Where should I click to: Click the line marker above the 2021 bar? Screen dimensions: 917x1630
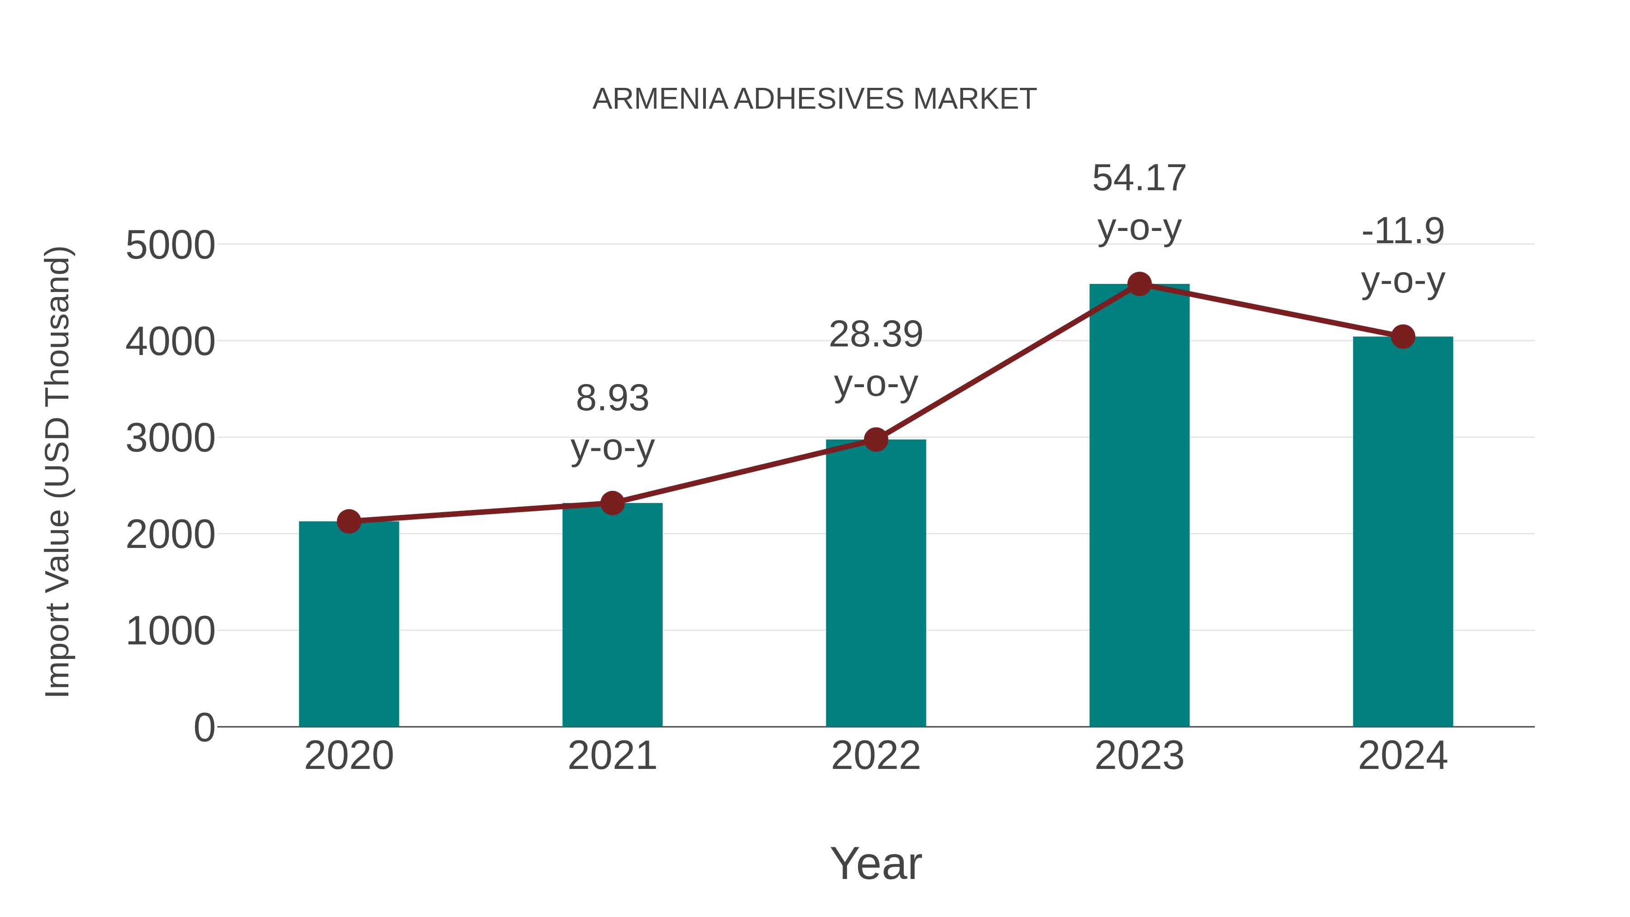click(612, 504)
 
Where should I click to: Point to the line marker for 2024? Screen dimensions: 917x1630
click(1403, 336)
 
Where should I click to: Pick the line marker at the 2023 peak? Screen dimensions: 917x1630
click(1139, 284)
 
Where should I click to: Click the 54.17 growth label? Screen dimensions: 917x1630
click(1139, 178)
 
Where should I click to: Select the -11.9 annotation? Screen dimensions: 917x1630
click(1403, 231)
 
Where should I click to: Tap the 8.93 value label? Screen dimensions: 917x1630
click(612, 398)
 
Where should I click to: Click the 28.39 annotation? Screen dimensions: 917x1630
click(876, 335)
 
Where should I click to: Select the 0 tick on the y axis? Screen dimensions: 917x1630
click(204, 728)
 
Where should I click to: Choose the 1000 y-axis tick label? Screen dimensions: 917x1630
click(170, 632)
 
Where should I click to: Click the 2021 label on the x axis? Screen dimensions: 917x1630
click(612, 756)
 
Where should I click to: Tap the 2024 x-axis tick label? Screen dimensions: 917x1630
click(1403, 756)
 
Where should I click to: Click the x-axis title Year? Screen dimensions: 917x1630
click(876, 864)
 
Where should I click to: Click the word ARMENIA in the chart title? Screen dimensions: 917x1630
click(660, 99)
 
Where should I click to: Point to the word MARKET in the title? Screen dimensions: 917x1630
click(974, 99)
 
